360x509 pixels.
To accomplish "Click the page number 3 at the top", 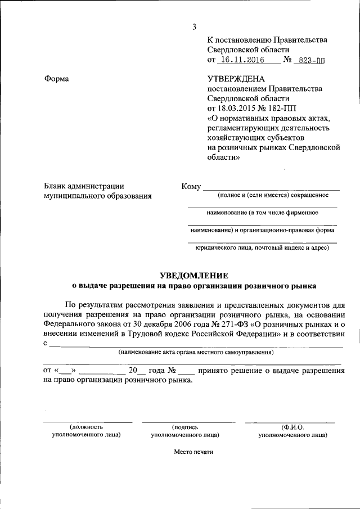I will point(194,27).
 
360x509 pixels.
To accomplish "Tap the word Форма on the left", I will point(56,79).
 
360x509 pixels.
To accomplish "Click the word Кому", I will point(191,187).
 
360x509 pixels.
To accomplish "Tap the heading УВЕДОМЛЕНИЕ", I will point(194,275).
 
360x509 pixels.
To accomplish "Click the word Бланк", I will point(57,186).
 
